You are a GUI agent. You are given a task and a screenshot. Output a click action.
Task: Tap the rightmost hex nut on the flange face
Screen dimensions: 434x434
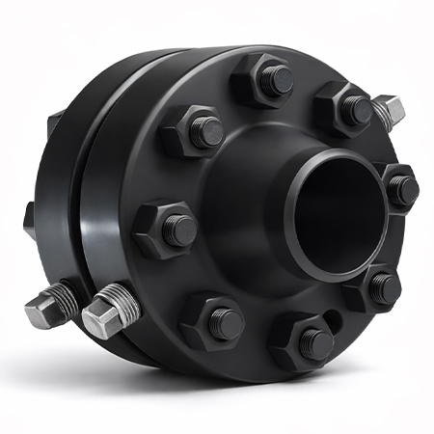(x=398, y=188)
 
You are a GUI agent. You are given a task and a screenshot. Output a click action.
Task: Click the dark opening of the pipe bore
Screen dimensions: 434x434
(x=333, y=212)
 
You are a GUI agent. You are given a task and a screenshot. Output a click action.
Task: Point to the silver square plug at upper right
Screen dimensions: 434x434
(x=389, y=112)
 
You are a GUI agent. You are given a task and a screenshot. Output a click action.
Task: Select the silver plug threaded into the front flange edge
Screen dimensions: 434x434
(x=108, y=311)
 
